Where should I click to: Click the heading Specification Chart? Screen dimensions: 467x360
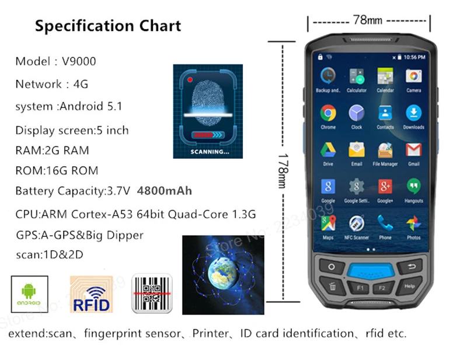click(108, 26)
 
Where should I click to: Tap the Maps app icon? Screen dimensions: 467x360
click(328, 223)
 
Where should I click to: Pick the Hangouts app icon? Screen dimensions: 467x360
click(413, 187)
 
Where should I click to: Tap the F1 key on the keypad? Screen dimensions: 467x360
click(360, 287)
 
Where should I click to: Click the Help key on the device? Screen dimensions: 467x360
click(409, 286)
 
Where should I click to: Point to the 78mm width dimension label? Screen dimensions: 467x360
click(368, 20)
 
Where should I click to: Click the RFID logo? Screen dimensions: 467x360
click(89, 293)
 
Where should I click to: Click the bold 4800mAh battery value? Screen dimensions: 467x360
click(164, 191)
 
